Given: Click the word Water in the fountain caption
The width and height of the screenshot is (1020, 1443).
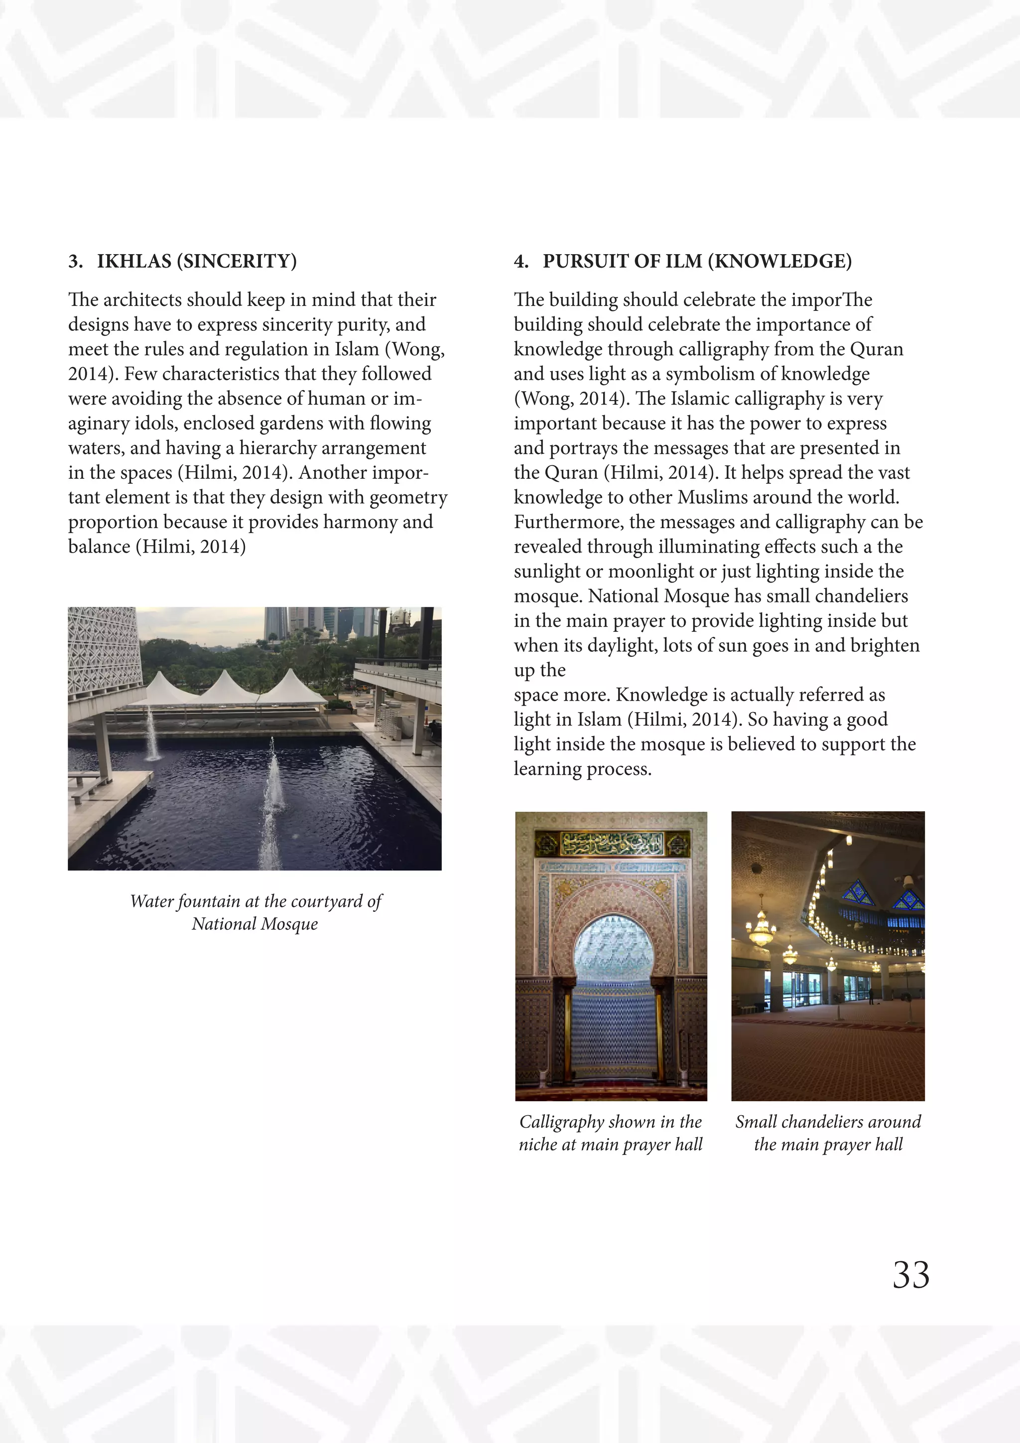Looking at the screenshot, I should click(x=151, y=902).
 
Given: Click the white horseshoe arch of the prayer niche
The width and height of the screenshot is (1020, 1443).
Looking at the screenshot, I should click(x=611, y=949).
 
